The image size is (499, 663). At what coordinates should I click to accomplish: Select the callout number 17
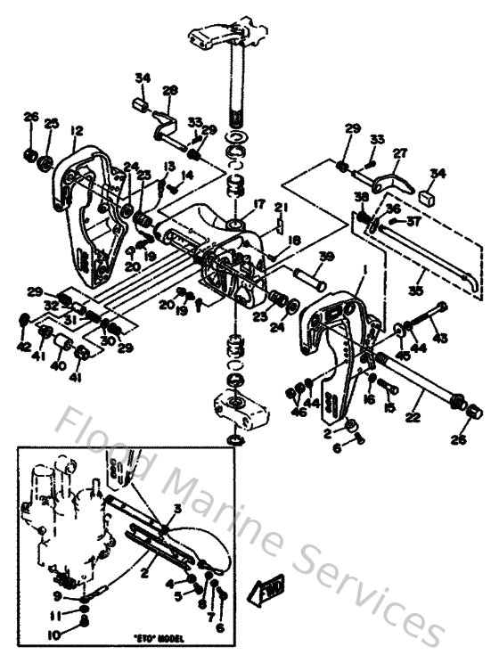pos(259,204)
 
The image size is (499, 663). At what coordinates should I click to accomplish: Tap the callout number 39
pos(326,257)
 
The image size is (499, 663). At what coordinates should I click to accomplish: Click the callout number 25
pos(51,122)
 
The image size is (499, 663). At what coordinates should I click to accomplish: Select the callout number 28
pos(170,90)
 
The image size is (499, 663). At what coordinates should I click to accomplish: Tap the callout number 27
pos(400,152)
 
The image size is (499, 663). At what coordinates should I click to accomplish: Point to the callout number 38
pos(360,197)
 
